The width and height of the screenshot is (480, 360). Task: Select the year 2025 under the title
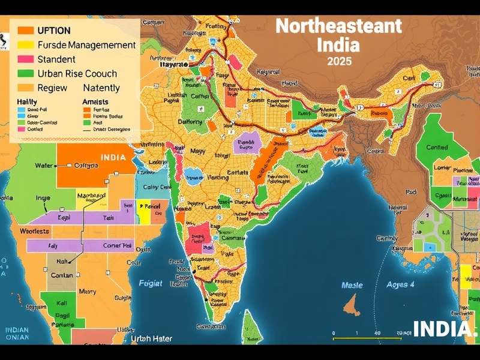tap(340, 61)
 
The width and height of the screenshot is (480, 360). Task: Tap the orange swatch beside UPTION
tap(25, 30)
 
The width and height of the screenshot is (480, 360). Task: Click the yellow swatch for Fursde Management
tap(25, 45)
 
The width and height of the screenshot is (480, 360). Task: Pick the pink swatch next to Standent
tap(25, 59)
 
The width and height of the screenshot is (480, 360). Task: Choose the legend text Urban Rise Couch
tap(77, 74)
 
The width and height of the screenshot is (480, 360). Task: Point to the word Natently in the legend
tap(101, 88)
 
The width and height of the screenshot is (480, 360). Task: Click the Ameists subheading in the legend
tap(95, 102)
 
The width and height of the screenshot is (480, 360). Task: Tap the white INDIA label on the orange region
tap(113, 158)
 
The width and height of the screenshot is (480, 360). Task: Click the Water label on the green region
tap(44, 166)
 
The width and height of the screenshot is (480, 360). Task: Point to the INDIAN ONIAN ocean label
tap(17, 334)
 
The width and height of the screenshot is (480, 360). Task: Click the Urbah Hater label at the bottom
tap(151, 339)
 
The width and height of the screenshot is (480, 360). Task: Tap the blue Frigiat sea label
tap(151, 282)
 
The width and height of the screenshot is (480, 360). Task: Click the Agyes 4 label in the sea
tap(400, 284)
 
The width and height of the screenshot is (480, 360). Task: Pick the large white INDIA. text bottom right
tap(445, 329)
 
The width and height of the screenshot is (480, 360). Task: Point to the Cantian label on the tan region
tap(62, 275)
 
